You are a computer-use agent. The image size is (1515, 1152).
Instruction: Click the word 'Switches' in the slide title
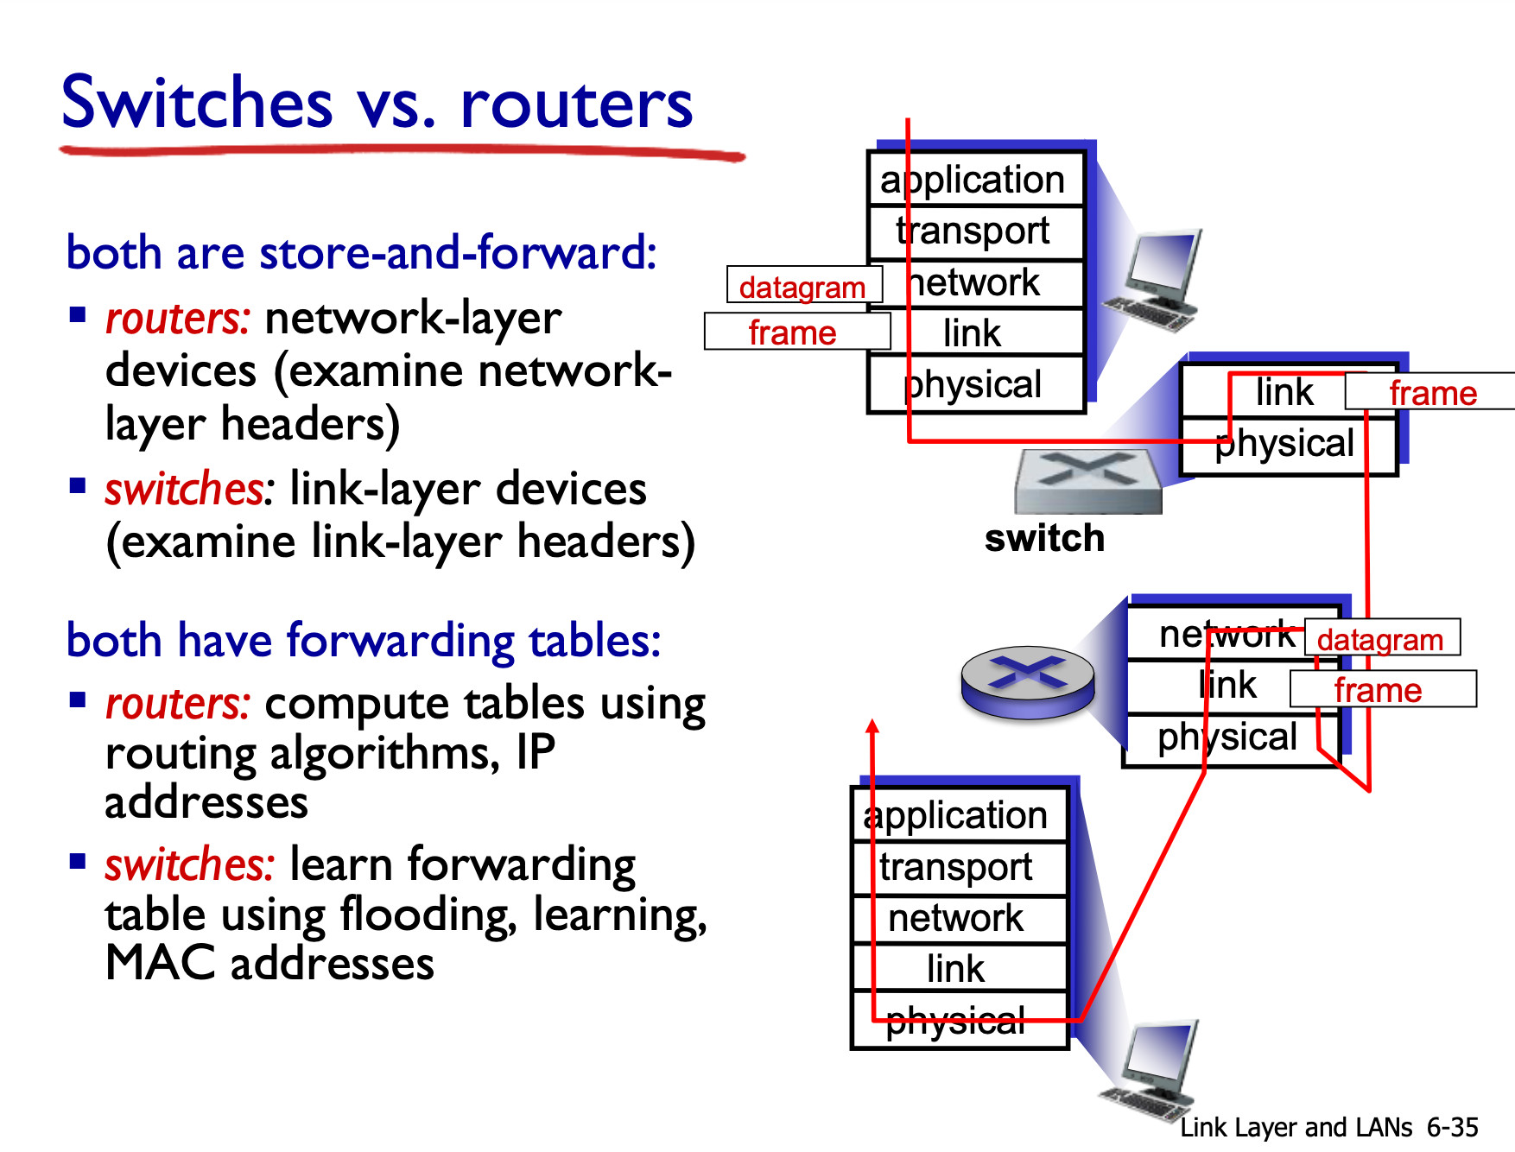197,102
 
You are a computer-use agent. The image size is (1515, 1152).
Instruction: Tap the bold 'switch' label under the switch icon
1044,538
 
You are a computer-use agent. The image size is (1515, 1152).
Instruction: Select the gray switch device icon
1088,481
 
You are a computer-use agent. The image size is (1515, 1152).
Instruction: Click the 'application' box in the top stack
975,180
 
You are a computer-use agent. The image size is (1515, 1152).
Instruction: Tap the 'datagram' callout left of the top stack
803,286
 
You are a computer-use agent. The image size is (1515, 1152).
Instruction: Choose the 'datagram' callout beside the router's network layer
1381,638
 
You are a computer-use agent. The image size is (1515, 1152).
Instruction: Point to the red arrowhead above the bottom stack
872,725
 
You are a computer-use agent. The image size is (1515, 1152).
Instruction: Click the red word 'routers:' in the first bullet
177,318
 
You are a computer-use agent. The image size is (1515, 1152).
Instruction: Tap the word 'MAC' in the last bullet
160,963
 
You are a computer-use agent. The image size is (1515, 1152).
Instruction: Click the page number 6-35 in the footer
1452,1127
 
